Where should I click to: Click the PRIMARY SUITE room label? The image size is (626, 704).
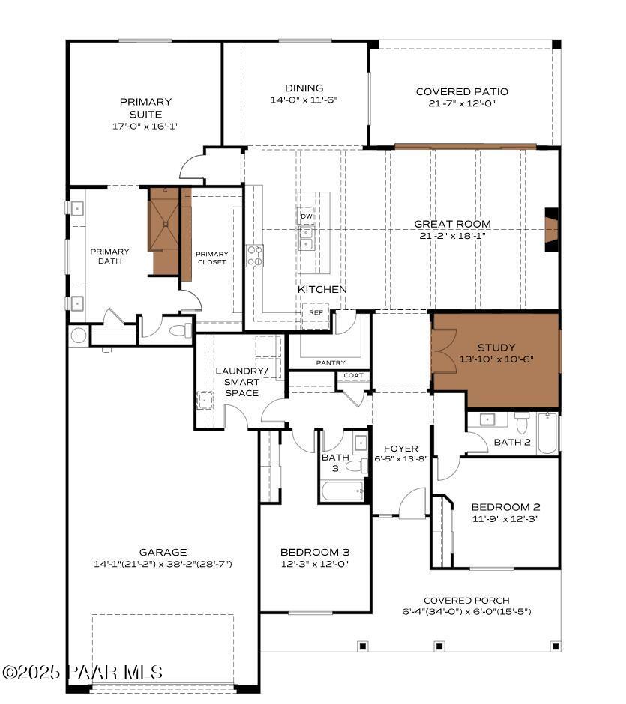click(145, 108)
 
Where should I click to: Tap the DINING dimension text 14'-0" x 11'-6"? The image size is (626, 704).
click(304, 100)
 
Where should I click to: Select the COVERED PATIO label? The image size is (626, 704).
click(462, 92)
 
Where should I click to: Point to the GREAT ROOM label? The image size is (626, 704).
click(452, 224)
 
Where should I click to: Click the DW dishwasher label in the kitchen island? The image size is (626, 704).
click(306, 216)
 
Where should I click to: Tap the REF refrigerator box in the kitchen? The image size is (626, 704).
click(316, 312)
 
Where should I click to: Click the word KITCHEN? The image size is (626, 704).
click(322, 289)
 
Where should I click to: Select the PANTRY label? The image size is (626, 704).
click(331, 362)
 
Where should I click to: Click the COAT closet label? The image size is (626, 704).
click(353, 375)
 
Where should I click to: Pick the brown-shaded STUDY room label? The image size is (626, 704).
click(496, 348)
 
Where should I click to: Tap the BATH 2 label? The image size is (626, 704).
click(512, 443)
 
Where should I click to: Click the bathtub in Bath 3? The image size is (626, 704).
click(343, 491)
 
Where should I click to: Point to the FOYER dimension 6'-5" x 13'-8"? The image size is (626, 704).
click(400, 459)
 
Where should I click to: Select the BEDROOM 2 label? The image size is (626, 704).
click(505, 507)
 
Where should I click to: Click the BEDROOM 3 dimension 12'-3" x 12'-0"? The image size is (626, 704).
click(314, 564)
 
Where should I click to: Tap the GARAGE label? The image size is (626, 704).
click(163, 553)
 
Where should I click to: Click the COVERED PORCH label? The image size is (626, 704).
click(466, 601)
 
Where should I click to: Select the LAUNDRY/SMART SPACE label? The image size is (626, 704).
click(241, 382)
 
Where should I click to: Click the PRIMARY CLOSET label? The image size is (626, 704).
click(212, 258)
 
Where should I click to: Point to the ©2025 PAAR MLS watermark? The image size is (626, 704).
click(82, 673)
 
